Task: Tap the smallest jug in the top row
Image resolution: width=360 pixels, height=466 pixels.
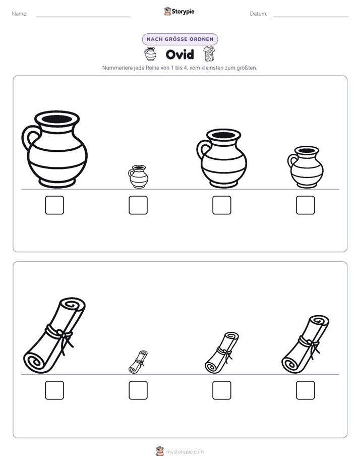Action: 139,177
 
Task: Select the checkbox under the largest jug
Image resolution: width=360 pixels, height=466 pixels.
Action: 54,205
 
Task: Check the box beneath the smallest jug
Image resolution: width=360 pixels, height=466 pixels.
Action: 138,205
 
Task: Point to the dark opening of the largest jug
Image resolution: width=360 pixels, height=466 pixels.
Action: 57,119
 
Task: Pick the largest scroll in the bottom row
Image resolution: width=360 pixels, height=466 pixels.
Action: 54,335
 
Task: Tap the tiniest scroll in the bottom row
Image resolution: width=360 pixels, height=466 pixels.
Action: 138,362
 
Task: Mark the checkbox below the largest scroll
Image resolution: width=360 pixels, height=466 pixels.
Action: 54,390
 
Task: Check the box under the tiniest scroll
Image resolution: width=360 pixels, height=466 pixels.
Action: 138,390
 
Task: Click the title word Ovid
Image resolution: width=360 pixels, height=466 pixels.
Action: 179,54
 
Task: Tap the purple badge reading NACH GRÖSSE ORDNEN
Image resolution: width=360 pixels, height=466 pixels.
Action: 180,39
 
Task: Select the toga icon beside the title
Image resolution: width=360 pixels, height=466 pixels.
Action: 209,54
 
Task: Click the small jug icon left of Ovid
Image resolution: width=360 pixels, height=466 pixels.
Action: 150,54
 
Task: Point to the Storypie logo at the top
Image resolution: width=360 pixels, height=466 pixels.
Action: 179,11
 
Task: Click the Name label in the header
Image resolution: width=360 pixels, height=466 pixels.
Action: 20,14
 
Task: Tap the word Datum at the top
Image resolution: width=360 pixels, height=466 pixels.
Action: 259,14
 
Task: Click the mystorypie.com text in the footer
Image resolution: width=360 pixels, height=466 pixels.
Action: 185,452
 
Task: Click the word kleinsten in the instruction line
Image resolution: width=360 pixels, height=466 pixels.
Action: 212,68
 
